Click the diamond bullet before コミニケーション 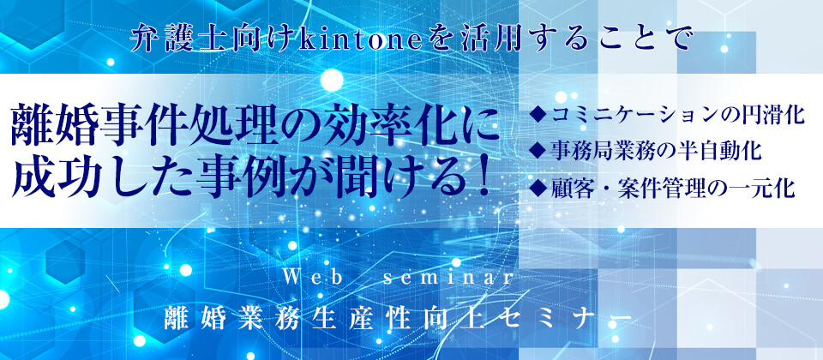[539, 113]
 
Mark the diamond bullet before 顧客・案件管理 [539, 187]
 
